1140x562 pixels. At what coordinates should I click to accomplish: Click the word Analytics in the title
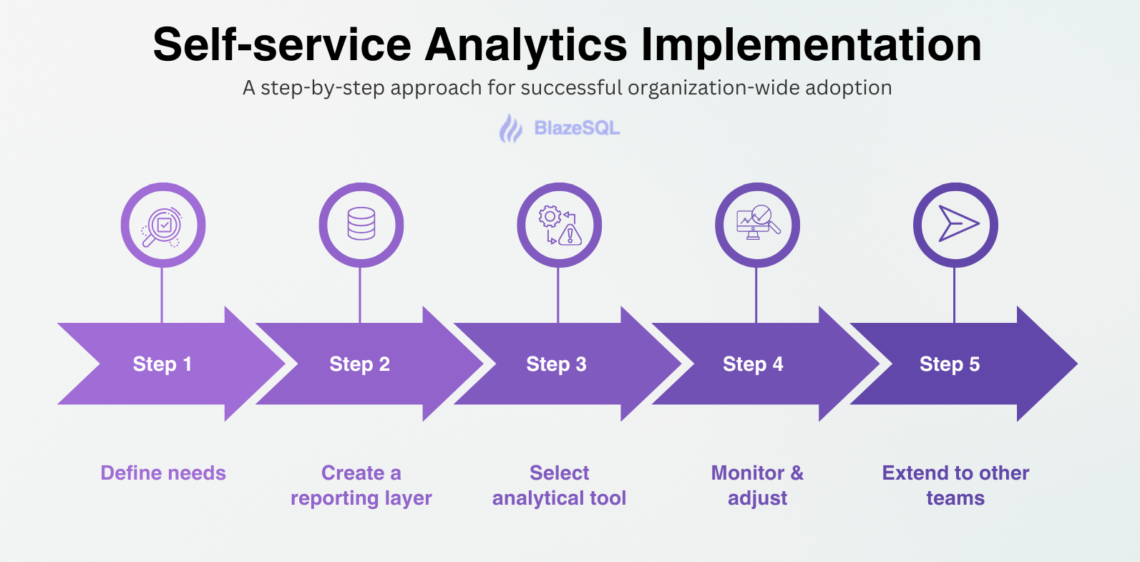point(526,45)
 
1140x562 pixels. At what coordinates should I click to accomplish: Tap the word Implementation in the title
point(811,45)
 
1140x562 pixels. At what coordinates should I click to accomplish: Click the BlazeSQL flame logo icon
point(510,129)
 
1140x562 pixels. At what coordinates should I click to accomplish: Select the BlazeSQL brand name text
point(577,129)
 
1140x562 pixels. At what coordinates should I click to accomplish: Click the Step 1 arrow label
point(162,364)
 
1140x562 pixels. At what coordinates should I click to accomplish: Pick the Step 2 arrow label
point(359,364)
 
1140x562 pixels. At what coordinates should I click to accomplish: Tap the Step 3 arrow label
point(556,364)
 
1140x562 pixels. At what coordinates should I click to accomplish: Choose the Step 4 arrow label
point(753,364)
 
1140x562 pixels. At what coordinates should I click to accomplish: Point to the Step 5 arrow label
point(950,364)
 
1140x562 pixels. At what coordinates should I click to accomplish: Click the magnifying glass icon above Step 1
point(163,226)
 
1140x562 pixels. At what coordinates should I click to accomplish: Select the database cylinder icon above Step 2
point(361,224)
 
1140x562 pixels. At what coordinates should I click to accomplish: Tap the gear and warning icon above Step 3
point(560,226)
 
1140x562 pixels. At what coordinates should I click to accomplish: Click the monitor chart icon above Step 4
point(757,224)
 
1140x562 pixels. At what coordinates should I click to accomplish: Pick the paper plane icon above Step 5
point(956,225)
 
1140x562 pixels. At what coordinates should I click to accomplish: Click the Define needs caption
point(163,473)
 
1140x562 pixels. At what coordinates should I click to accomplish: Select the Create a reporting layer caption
point(361,485)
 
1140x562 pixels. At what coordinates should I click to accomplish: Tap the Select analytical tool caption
point(559,485)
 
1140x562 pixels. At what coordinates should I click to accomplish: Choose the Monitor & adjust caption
point(757,485)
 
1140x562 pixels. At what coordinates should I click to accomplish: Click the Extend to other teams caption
point(955,485)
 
